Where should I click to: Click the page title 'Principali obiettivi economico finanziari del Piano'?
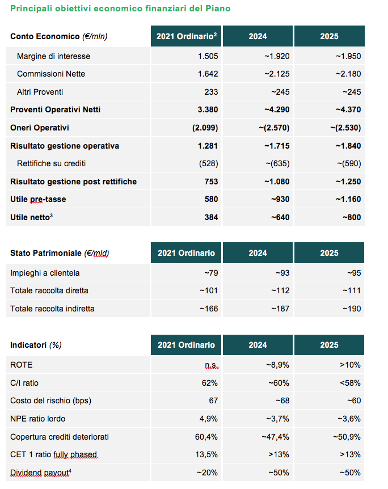click(120, 9)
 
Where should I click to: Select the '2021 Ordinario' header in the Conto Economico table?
click(187, 36)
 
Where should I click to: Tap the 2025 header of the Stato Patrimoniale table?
click(329, 253)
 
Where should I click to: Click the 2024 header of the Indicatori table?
click(258, 345)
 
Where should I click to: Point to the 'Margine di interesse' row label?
click(54, 56)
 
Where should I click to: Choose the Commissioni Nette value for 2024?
click(277, 74)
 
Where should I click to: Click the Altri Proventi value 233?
click(211, 92)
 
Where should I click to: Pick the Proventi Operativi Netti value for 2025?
click(348, 110)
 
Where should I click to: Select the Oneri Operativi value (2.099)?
click(205, 128)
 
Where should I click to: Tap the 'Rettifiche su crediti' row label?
click(51, 163)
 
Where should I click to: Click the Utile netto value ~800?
click(352, 217)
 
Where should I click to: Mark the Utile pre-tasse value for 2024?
click(280, 199)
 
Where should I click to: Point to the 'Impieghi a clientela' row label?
click(45, 273)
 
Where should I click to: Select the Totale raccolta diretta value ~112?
click(280, 290)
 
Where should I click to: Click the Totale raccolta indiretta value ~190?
click(352, 309)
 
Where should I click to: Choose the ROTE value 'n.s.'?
click(212, 365)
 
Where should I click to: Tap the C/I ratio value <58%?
click(350, 383)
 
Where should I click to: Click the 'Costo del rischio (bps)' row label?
click(51, 401)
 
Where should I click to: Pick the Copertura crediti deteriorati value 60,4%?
click(206, 437)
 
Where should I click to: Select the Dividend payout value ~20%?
click(207, 473)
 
